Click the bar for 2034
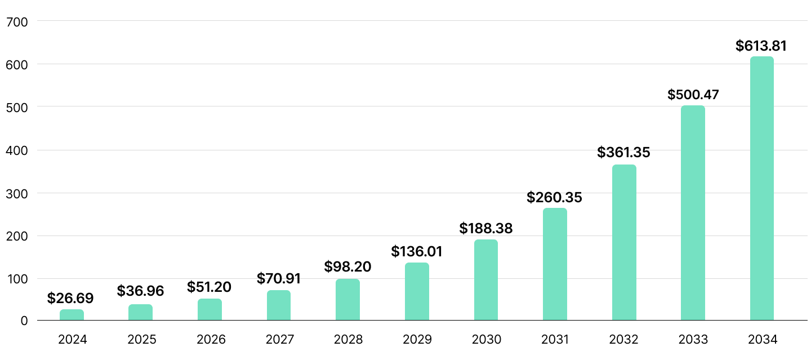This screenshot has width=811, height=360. pos(761,188)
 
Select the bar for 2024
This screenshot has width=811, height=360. pos(72,315)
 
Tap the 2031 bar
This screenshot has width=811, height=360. pos(555,264)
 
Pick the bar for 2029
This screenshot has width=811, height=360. pos(417,291)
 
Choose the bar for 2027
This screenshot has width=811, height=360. pos(279,305)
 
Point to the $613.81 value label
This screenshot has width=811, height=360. pos(761,46)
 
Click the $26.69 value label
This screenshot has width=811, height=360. pos(70,298)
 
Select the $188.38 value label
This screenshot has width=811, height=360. pos(486,228)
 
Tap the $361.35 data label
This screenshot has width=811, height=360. pos(623,152)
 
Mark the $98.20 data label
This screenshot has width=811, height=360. pos(347,266)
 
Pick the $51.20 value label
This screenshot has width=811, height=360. pos(209,287)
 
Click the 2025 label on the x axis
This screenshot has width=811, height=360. pos(141,340)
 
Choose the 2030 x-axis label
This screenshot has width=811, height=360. pos(486,340)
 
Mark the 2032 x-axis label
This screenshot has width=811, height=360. pos(623,340)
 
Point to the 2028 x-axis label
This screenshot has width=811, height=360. pos(348,340)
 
